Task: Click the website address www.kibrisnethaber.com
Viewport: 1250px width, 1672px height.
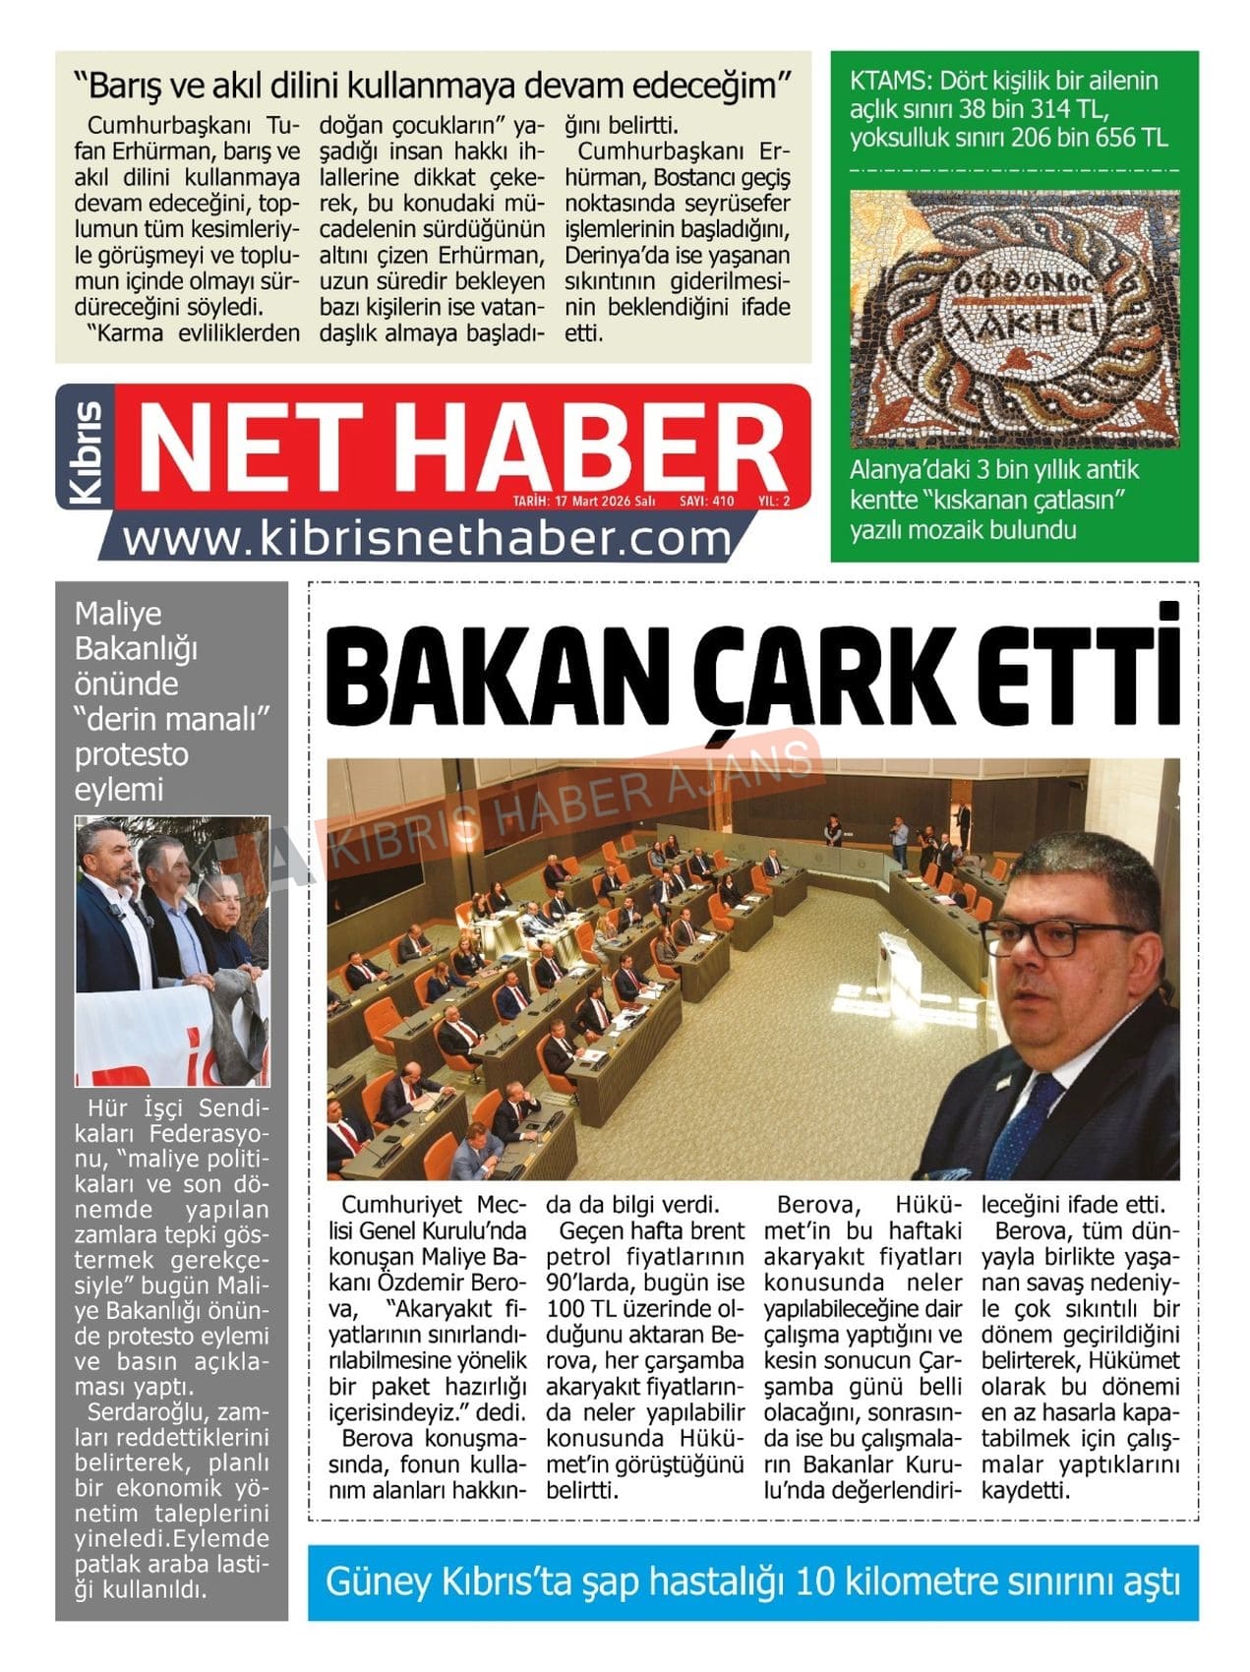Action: [x=429, y=539]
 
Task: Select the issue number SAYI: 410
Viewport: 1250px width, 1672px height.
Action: [x=706, y=501]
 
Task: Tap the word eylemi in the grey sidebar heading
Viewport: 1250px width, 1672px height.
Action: [x=118, y=789]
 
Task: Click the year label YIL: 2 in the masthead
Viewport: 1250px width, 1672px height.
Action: [x=774, y=501]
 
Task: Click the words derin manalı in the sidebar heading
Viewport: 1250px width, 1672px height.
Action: [x=172, y=719]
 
